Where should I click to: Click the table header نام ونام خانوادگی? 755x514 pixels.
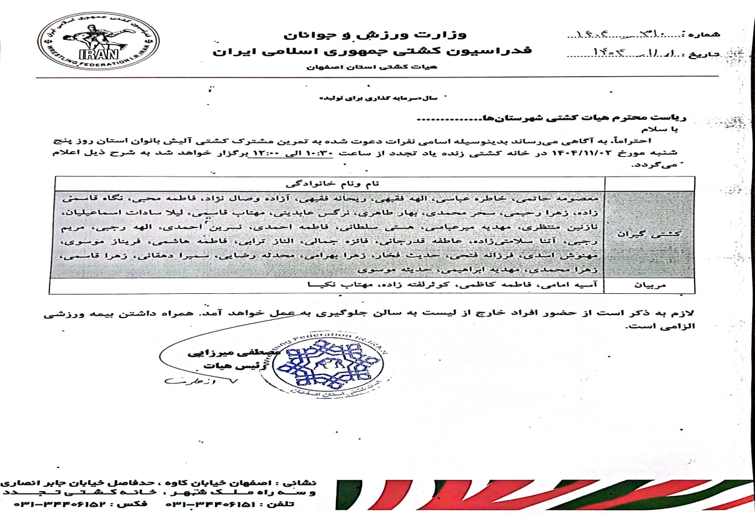[x=329, y=183]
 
